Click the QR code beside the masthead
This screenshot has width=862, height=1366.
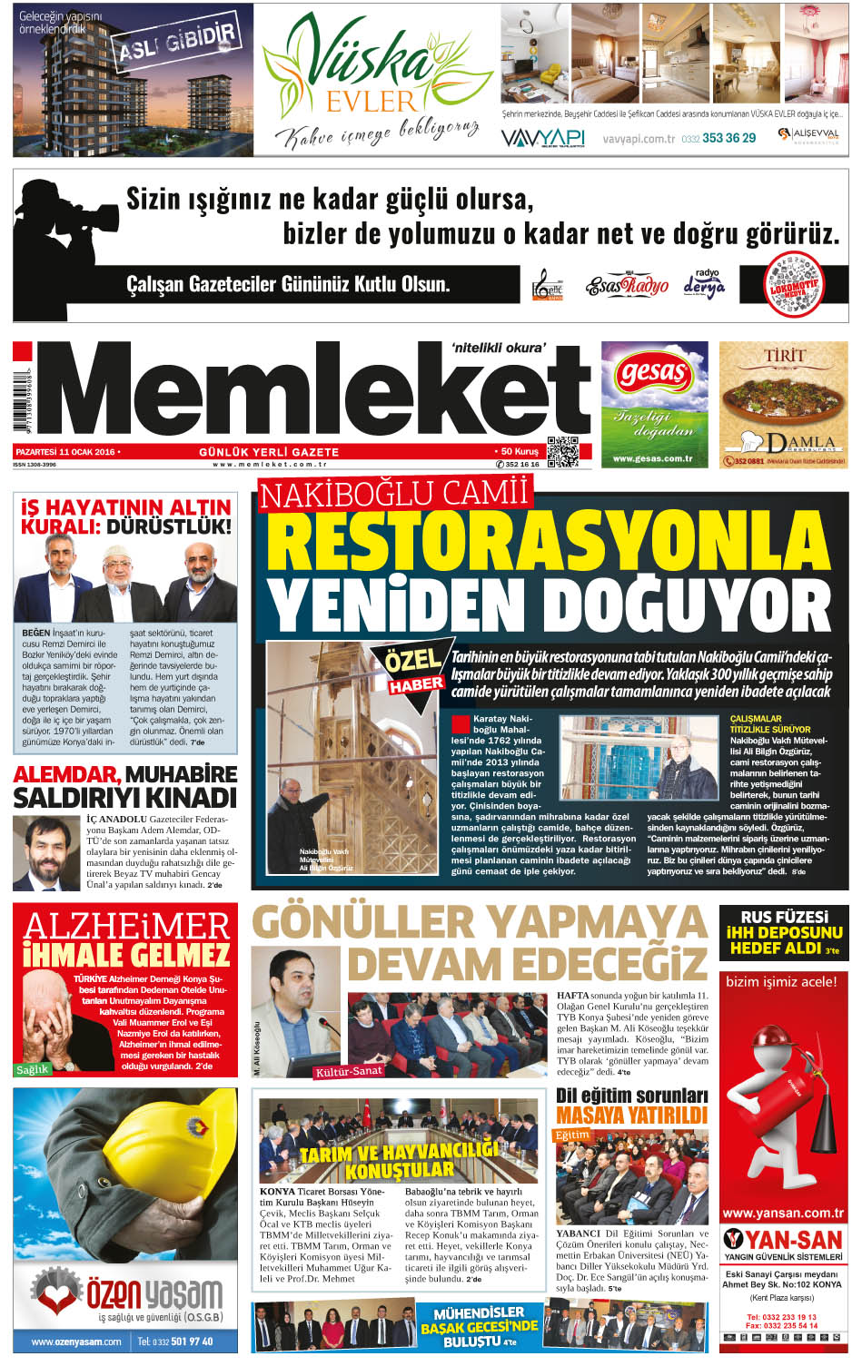pos(563,451)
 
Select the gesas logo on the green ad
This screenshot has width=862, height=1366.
pos(654,372)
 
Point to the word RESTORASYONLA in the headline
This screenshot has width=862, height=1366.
pos(549,542)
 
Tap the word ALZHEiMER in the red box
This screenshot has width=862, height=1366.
pos(126,927)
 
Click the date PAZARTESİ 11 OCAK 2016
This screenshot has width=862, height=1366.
pos(67,451)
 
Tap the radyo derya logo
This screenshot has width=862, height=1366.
pos(705,285)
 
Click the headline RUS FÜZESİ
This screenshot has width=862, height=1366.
pos(784,917)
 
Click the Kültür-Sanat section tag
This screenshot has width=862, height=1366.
pos(348,1071)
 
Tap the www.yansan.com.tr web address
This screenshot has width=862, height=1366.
pos(783,1213)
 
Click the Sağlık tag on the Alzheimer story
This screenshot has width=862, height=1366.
pos(32,1069)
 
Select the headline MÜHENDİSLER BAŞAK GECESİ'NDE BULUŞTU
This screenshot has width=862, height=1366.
pos(479,1326)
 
